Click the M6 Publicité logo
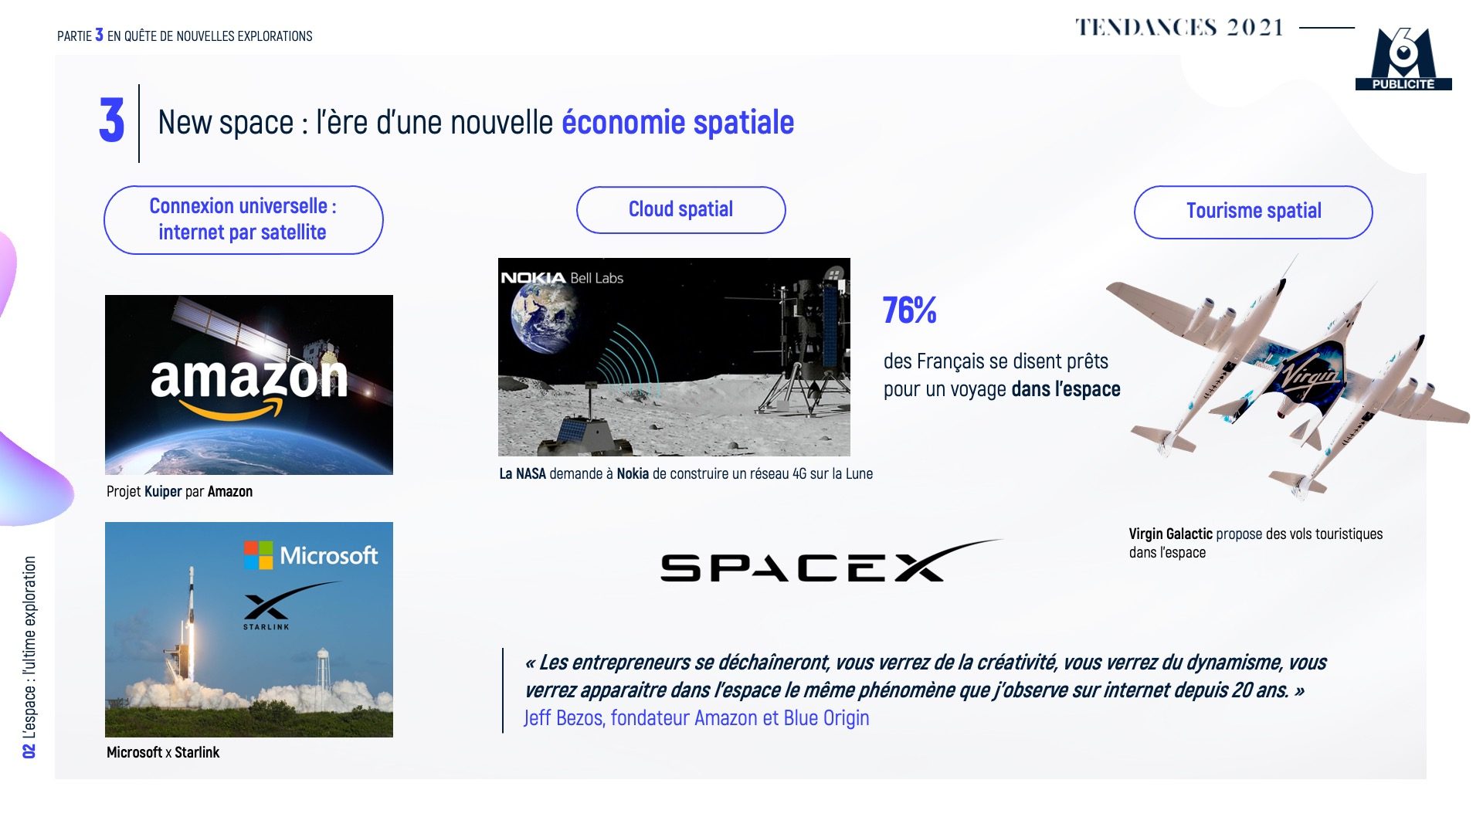[1403, 59]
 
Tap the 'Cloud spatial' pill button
[680, 210]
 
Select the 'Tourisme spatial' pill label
[1253, 212]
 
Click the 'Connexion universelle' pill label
[243, 220]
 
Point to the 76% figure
[909, 310]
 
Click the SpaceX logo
[831, 561]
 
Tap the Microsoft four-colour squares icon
[258, 555]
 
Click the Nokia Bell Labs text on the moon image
[562, 278]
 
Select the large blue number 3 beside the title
[112, 120]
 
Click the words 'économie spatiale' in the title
[677, 122]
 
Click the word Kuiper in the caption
[163, 492]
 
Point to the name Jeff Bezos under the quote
[564, 718]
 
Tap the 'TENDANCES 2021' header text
[1179, 28]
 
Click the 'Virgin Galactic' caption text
[1170, 534]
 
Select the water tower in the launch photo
[323, 670]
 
